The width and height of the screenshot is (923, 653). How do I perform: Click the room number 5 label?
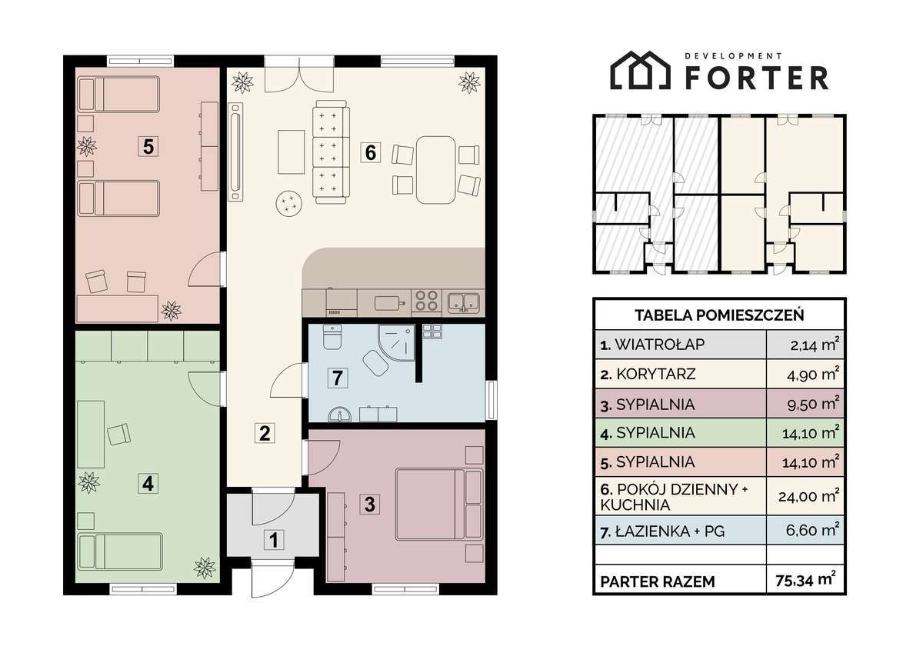[x=148, y=146]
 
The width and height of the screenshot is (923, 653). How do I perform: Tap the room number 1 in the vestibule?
[x=274, y=540]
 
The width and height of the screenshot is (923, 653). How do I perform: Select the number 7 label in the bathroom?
[x=337, y=378]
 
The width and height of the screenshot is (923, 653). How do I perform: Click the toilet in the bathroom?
[x=332, y=337]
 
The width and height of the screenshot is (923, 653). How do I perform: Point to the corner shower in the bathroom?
[x=396, y=342]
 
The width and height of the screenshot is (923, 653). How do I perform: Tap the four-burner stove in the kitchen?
[x=426, y=300]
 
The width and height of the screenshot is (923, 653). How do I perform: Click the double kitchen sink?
[x=464, y=303]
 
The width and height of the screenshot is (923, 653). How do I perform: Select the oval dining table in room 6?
[x=435, y=170]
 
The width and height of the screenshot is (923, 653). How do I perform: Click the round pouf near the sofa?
[x=290, y=202]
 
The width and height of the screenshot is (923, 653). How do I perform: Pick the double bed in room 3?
[x=439, y=504]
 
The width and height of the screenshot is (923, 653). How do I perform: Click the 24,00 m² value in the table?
[x=808, y=495]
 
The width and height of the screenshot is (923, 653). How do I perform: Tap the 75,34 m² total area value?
[x=805, y=580]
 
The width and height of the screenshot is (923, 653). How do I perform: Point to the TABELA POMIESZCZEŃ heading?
[x=719, y=315]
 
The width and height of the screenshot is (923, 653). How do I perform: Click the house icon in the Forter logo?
[x=640, y=70]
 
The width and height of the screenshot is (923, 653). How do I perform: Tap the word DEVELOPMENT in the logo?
[x=733, y=55]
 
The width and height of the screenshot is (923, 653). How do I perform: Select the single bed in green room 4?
[x=120, y=551]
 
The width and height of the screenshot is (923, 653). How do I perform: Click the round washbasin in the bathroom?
[x=339, y=415]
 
